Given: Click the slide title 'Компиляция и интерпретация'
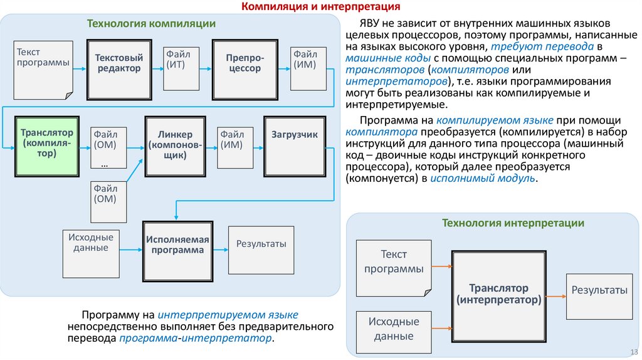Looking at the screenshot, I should click(321, 7).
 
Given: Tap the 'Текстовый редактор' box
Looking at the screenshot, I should click(118, 66).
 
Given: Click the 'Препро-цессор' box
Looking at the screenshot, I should click(244, 66).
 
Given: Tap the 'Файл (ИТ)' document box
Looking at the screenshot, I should click(180, 68).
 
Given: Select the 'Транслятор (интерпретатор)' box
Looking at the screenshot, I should click(498, 295).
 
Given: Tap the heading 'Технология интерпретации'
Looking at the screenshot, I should click(513, 223).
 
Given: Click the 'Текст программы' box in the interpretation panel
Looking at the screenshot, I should click(393, 268).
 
